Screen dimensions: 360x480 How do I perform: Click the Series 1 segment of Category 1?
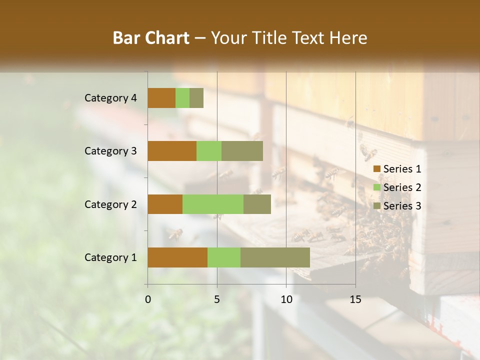click(177, 257)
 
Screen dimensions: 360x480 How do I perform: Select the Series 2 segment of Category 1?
click(224, 257)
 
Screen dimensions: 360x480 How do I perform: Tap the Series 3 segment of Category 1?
click(275, 257)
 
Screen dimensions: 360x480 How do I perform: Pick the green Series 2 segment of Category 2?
click(213, 204)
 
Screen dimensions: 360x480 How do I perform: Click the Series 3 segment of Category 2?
click(257, 204)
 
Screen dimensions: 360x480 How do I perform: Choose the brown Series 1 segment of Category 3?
click(172, 151)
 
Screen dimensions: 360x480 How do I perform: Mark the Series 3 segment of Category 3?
click(242, 151)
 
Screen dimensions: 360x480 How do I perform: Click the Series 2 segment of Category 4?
click(182, 98)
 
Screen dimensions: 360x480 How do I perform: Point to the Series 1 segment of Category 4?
click(161, 98)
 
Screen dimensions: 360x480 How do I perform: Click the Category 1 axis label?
click(110, 257)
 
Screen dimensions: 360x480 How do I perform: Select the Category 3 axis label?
click(110, 151)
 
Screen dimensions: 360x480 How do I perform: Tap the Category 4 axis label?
click(110, 98)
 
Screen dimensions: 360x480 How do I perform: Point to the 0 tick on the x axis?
click(148, 299)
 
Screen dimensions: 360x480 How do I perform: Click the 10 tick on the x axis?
click(286, 299)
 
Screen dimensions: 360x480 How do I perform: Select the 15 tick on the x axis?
click(355, 299)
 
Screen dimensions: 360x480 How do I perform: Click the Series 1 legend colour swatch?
click(377, 169)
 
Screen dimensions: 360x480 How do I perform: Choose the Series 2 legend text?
click(402, 187)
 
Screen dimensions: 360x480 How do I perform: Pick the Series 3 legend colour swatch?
click(377, 206)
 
